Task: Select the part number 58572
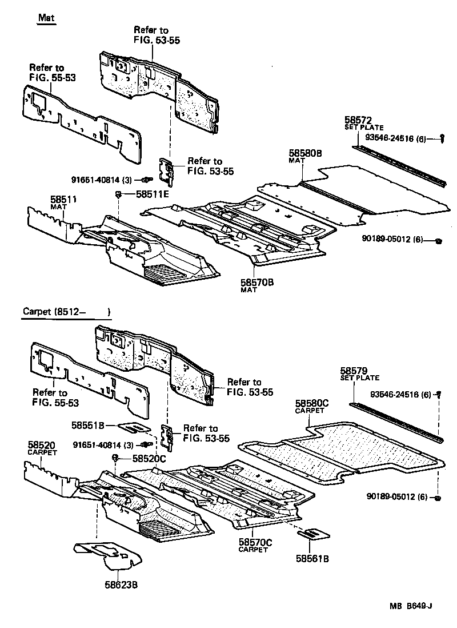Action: coord(358,120)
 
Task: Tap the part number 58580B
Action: coord(305,153)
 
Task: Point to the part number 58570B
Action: coord(256,283)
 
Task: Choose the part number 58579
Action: coord(355,371)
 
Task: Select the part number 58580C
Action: coord(312,404)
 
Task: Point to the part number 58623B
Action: coord(121,584)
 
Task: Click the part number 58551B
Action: coord(87,425)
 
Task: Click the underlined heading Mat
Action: coord(46,18)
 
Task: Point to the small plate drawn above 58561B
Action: coord(313,534)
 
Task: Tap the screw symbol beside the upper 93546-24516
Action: coord(443,137)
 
